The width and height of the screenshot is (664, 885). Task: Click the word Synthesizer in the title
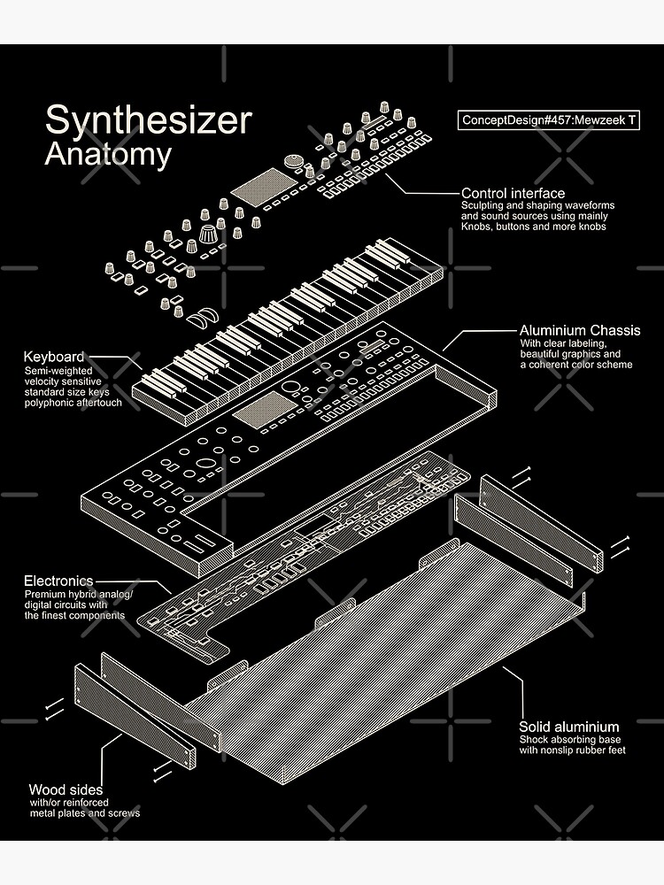tap(149, 120)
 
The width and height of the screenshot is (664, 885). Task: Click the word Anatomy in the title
tap(108, 155)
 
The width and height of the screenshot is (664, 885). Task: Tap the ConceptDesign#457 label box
tap(548, 120)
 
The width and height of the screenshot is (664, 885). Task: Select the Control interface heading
tap(513, 194)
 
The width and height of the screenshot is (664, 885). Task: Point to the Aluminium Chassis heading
tap(580, 331)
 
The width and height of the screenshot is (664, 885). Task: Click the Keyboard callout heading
tap(54, 358)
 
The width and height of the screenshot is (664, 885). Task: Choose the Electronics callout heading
tap(58, 581)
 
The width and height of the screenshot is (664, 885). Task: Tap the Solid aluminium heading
tap(568, 727)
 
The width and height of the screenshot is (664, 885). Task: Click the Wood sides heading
tap(66, 789)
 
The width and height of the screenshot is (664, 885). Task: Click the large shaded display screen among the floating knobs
tap(264, 186)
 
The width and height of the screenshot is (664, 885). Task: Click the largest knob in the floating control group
tap(208, 233)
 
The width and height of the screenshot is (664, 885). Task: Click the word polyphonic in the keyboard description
tap(49, 403)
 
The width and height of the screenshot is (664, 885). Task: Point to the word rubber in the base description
tap(593, 750)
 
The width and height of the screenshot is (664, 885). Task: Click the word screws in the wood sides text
tap(125, 813)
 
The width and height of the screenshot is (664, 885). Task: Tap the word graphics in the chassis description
tap(584, 355)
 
